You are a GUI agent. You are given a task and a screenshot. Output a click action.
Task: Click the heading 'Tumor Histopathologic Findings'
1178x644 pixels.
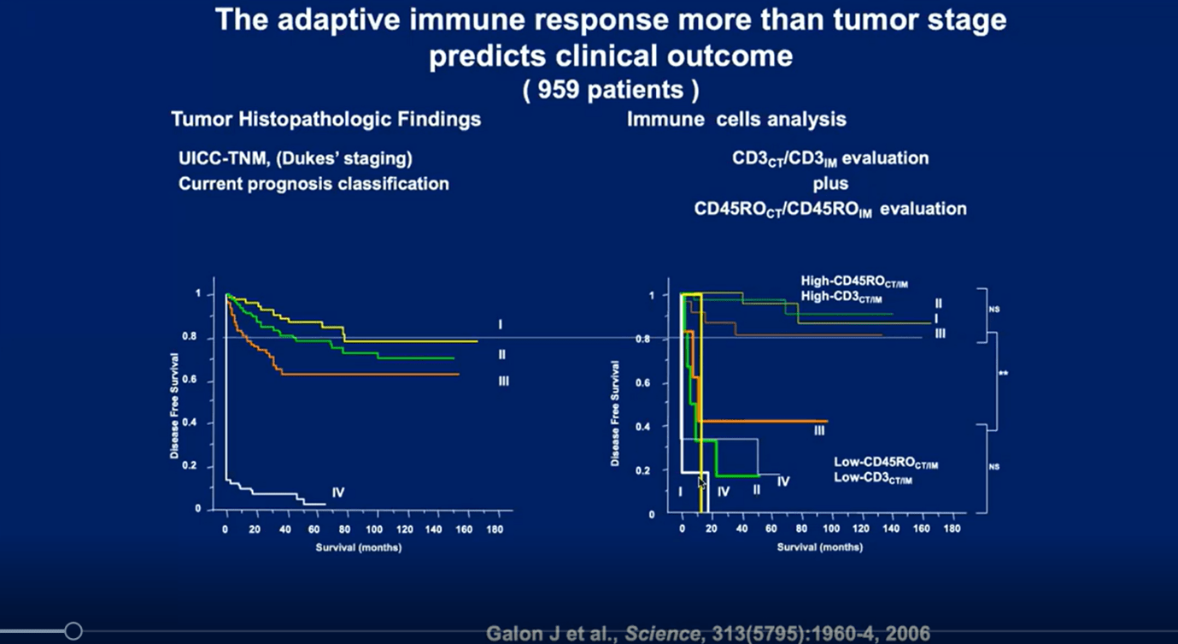click(325, 120)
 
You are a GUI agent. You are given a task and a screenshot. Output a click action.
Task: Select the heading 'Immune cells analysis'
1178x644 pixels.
click(736, 120)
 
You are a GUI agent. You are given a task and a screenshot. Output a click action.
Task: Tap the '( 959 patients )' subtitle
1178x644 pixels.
click(611, 90)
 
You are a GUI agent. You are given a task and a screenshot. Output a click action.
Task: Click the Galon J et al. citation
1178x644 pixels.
click(708, 634)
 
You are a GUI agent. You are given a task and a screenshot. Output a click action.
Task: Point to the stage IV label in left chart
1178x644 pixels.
click(337, 493)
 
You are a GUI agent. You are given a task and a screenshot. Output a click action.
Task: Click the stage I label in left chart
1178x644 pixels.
click(501, 325)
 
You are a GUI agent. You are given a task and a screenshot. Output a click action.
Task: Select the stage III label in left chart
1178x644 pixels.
click(503, 381)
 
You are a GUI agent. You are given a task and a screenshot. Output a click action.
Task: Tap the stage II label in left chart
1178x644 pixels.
click(502, 354)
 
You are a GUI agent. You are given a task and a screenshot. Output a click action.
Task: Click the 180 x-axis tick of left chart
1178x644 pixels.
click(494, 529)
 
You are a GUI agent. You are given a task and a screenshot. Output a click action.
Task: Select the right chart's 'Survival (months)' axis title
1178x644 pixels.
click(819, 547)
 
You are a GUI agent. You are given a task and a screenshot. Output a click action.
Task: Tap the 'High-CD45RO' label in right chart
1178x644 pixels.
click(842, 281)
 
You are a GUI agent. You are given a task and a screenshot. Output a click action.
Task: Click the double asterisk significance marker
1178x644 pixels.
click(1003, 373)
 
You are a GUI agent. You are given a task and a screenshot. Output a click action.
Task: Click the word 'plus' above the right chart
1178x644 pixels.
click(830, 183)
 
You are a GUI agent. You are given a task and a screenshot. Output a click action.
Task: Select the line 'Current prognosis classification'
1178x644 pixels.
click(314, 184)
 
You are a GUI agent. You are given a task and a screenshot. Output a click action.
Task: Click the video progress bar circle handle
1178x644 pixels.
click(73, 631)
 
